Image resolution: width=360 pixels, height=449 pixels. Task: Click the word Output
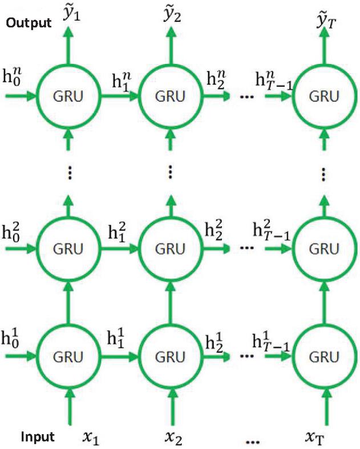pyautogui.click(x=27, y=23)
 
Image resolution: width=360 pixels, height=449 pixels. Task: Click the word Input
pyautogui.click(x=38, y=438)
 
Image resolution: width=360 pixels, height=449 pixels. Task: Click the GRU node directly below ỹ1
pyautogui.click(x=69, y=96)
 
